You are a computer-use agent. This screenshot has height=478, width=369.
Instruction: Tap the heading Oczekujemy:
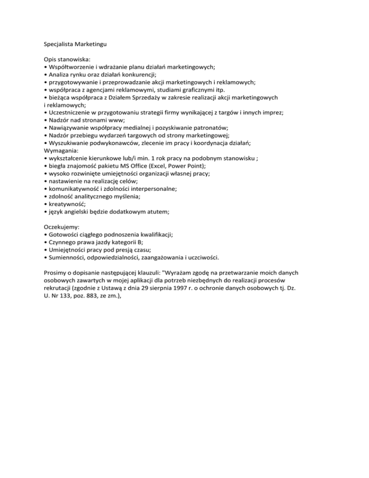pyautogui.click(x=62, y=226)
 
